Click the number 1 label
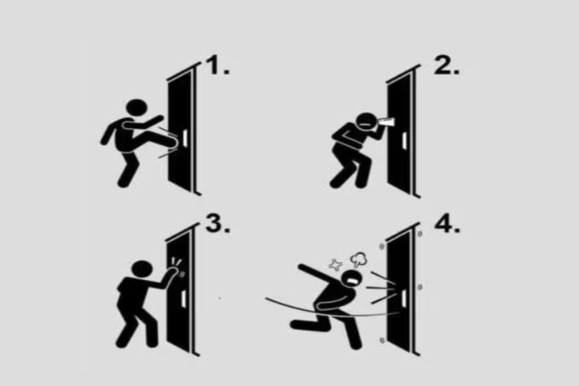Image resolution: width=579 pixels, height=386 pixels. [218, 65]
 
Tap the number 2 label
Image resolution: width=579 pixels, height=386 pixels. [446, 65]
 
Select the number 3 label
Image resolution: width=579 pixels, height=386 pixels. [218, 223]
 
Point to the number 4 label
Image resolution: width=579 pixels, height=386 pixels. [447, 223]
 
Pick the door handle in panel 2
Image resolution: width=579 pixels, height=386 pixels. [405, 141]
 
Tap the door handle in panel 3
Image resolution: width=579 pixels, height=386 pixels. [184, 299]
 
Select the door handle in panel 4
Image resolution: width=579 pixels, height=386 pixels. [404, 298]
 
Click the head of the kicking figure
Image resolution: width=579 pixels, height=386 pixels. [137, 109]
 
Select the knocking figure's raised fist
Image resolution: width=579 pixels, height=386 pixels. [172, 274]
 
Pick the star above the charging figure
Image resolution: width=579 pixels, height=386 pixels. [336, 264]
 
